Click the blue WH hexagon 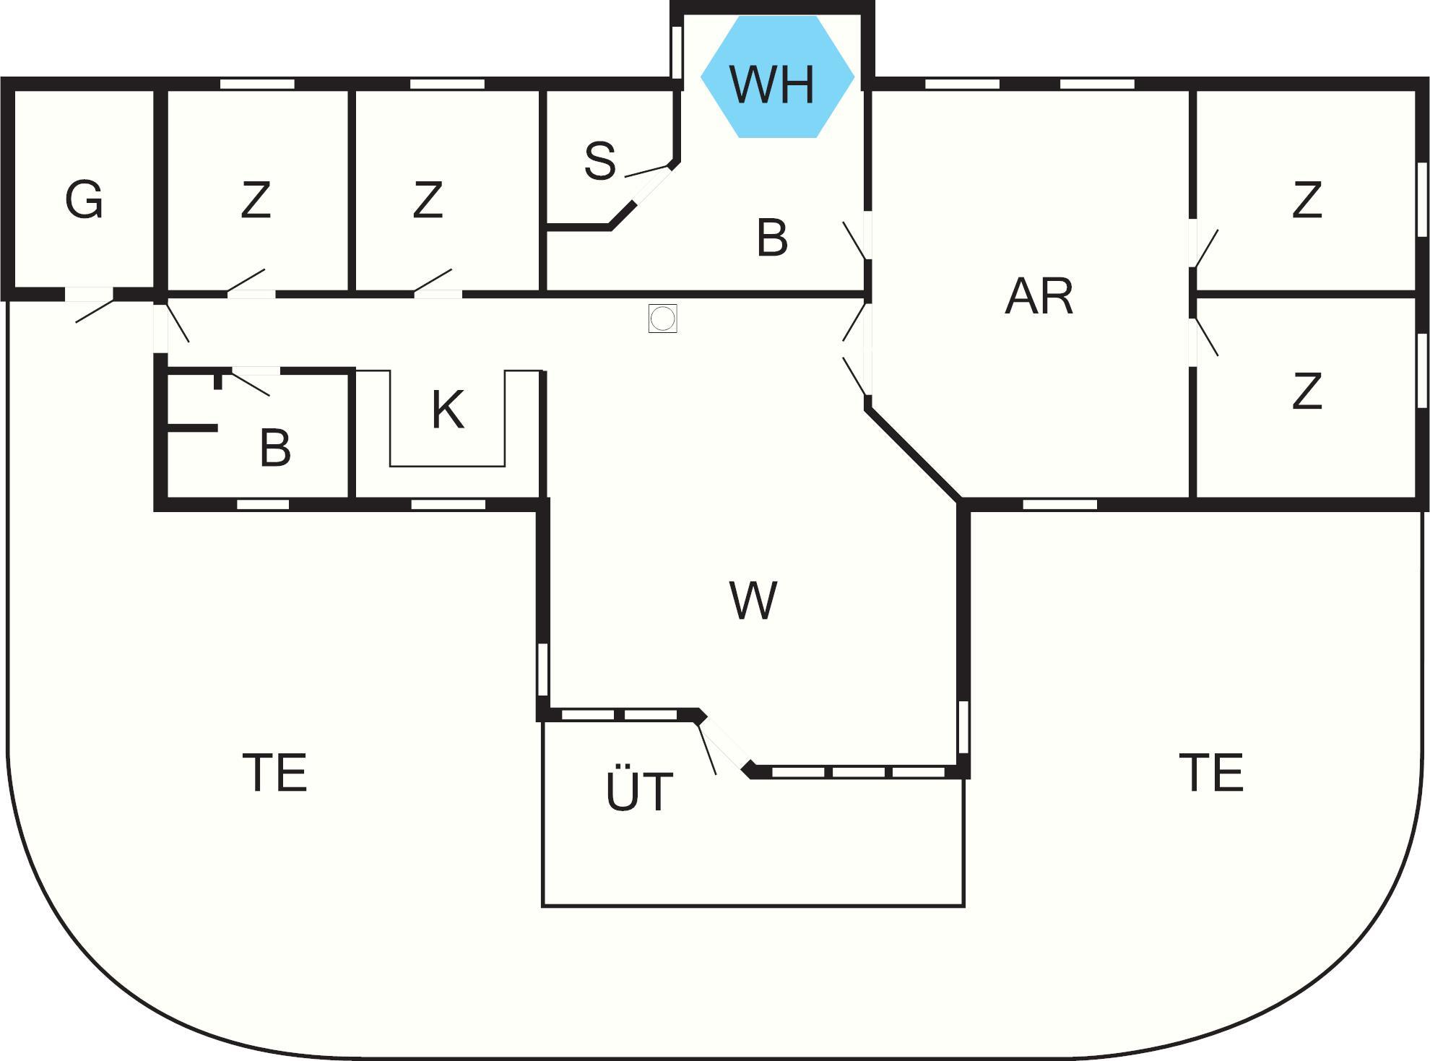click(x=778, y=77)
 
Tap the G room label click(x=84, y=199)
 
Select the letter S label click(x=600, y=160)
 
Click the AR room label click(x=1039, y=296)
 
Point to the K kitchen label click(x=448, y=410)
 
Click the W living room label click(x=753, y=600)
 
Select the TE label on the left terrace click(x=275, y=772)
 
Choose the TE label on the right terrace click(x=1211, y=772)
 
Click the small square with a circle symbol click(x=663, y=318)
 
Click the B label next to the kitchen click(x=275, y=448)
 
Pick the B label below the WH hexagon click(x=772, y=238)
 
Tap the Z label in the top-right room click(x=1307, y=200)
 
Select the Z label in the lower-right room click(x=1307, y=391)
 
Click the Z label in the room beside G click(x=256, y=200)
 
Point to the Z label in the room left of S click(x=428, y=200)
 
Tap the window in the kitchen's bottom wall click(x=448, y=504)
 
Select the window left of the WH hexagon click(x=677, y=52)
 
